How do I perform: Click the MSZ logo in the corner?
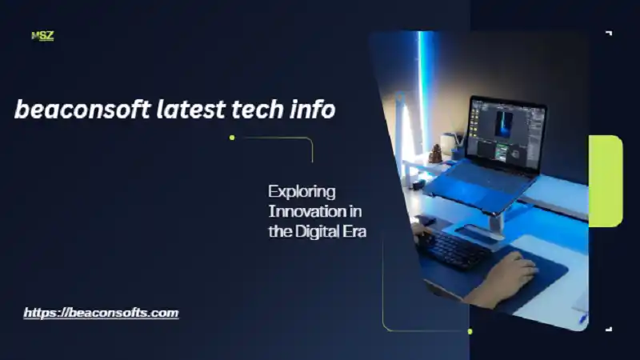pyautogui.click(x=42, y=35)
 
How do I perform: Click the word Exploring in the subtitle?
pyautogui.click(x=302, y=192)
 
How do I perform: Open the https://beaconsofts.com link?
pyautogui.click(x=101, y=313)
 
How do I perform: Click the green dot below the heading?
pyautogui.click(x=232, y=138)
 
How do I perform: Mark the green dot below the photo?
pyautogui.click(x=470, y=331)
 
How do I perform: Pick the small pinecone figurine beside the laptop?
pyautogui.click(x=436, y=153)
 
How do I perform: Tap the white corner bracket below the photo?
pyautogui.click(x=609, y=328)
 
